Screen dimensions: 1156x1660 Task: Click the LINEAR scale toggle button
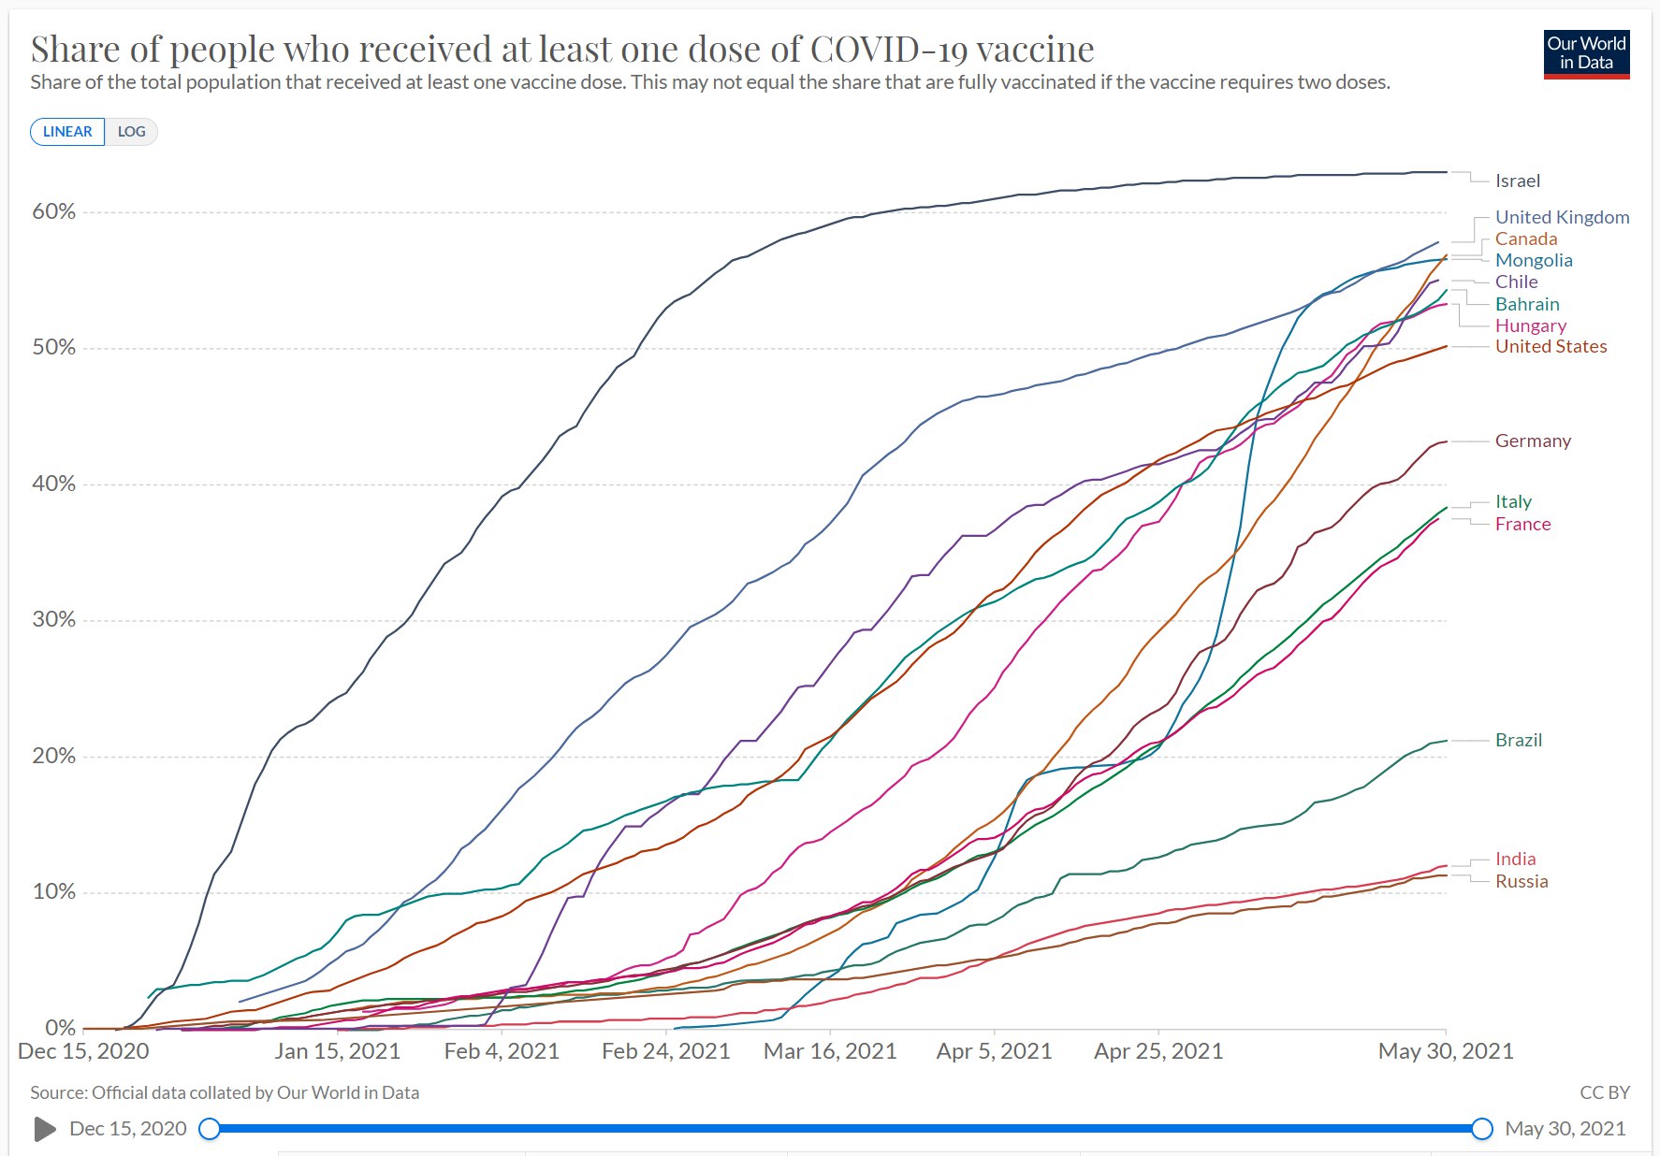pyautogui.click(x=67, y=132)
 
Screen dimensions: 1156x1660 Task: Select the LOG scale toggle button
pyautogui.click(x=131, y=132)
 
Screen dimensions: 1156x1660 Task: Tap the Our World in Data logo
pyautogui.click(x=1586, y=54)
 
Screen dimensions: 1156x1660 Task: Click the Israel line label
pyautogui.click(x=1517, y=181)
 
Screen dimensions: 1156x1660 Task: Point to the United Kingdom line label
pyautogui.click(x=1562, y=217)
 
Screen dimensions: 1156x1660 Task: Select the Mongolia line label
pyautogui.click(x=1534, y=260)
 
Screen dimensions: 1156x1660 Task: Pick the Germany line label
pyautogui.click(x=1533, y=441)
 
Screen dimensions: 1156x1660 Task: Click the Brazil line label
pyautogui.click(x=1518, y=740)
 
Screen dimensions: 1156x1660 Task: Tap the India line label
pyautogui.click(x=1515, y=859)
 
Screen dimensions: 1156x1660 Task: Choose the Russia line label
pyautogui.click(x=1522, y=881)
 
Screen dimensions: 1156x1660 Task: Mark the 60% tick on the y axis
pyautogui.click(x=53, y=211)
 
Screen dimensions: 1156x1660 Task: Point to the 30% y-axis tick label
pyautogui.click(x=53, y=619)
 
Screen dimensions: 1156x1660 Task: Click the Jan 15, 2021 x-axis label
pyautogui.click(x=337, y=1051)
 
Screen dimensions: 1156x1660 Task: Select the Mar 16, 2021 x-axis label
pyautogui.click(x=830, y=1051)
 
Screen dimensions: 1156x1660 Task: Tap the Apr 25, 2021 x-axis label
pyautogui.click(x=1158, y=1051)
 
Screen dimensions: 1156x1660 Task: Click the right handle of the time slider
pyautogui.click(x=1482, y=1129)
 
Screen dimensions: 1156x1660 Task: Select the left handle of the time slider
pyautogui.click(x=210, y=1129)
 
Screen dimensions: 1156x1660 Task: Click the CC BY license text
pyautogui.click(x=1604, y=1092)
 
